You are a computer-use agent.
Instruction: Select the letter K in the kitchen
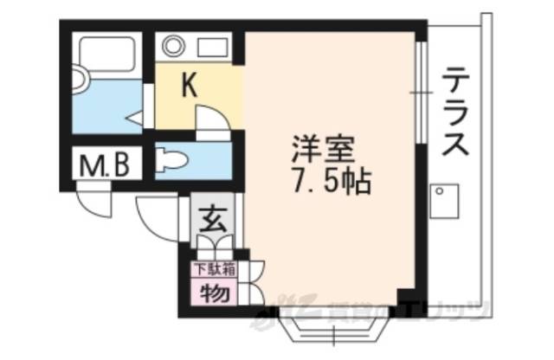click(x=190, y=84)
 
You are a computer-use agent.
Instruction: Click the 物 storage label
click(x=212, y=292)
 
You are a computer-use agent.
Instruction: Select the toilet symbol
click(x=171, y=158)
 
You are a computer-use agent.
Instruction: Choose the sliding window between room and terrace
click(x=419, y=91)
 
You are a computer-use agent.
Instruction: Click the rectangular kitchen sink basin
click(x=214, y=46)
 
